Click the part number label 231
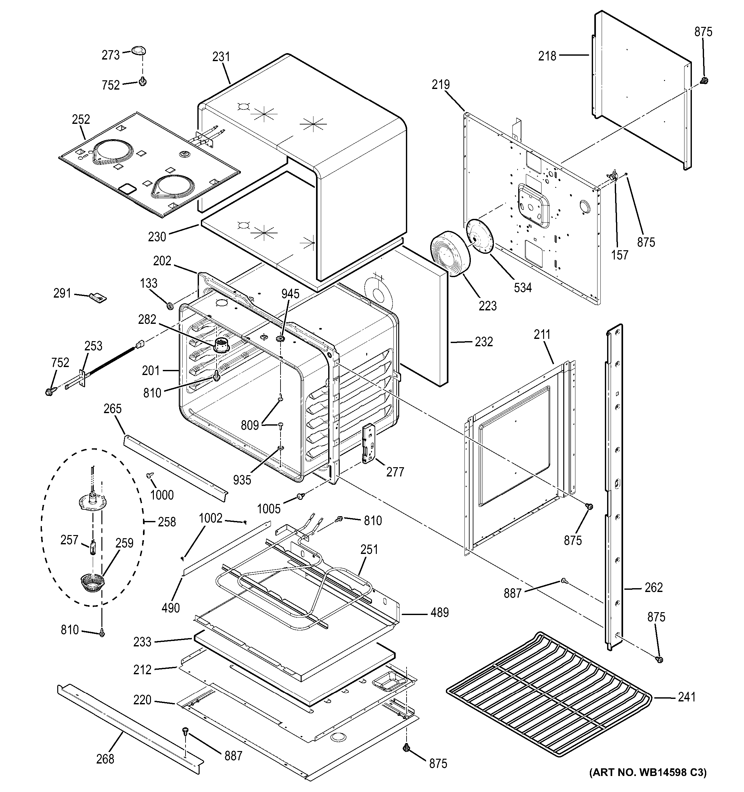click(221, 57)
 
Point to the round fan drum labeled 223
click(449, 253)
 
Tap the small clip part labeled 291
click(99, 297)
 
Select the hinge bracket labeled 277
click(368, 444)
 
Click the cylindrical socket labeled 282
click(221, 345)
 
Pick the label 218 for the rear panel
click(547, 56)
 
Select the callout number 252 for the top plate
click(81, 119)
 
